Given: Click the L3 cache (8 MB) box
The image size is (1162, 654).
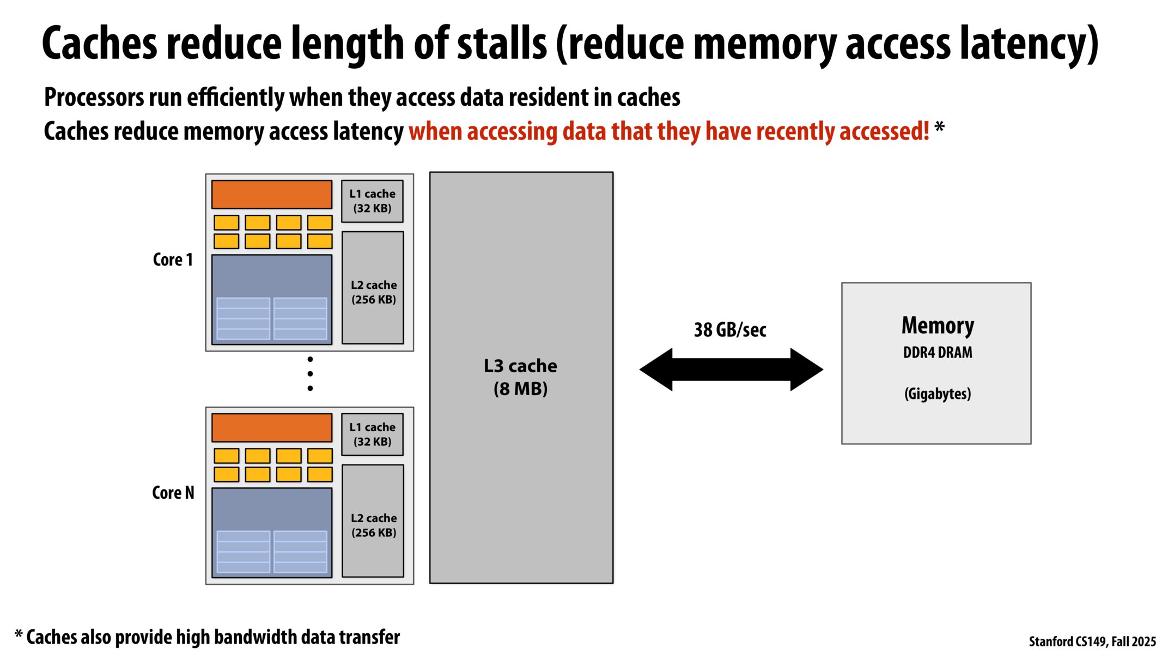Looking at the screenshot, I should click(x=521, y=377).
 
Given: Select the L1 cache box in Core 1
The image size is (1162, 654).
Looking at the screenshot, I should click(x=372, y=201).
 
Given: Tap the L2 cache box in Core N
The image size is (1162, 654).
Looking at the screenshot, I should click(x=373, y=521).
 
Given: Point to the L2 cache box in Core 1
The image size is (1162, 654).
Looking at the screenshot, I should click(x=373, y=288).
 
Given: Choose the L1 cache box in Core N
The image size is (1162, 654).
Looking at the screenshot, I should click(x=372, y=434).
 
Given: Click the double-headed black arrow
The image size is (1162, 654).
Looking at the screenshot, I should click(x=731, y=370).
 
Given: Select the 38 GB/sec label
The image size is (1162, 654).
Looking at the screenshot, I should click(x=730, y=330).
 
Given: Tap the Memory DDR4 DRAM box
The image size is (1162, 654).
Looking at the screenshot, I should click(x=936, y=363).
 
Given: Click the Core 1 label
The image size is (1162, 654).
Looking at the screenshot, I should click(x=173, y=259).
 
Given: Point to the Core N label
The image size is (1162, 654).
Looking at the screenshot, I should click(x=173, y=493).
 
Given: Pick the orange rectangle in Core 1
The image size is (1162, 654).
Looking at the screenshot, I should click(x=271, y=195).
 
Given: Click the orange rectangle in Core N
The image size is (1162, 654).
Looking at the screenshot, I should click(x=271, y=428).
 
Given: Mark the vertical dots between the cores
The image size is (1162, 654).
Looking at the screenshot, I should click(x=310, y=374).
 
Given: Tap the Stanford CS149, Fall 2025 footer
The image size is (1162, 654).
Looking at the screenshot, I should click(x=1092, y=641).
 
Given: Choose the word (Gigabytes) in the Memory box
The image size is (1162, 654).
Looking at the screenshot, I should click(x=938, y=393).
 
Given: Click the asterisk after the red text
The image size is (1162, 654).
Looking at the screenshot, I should click(x=939, y=129).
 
